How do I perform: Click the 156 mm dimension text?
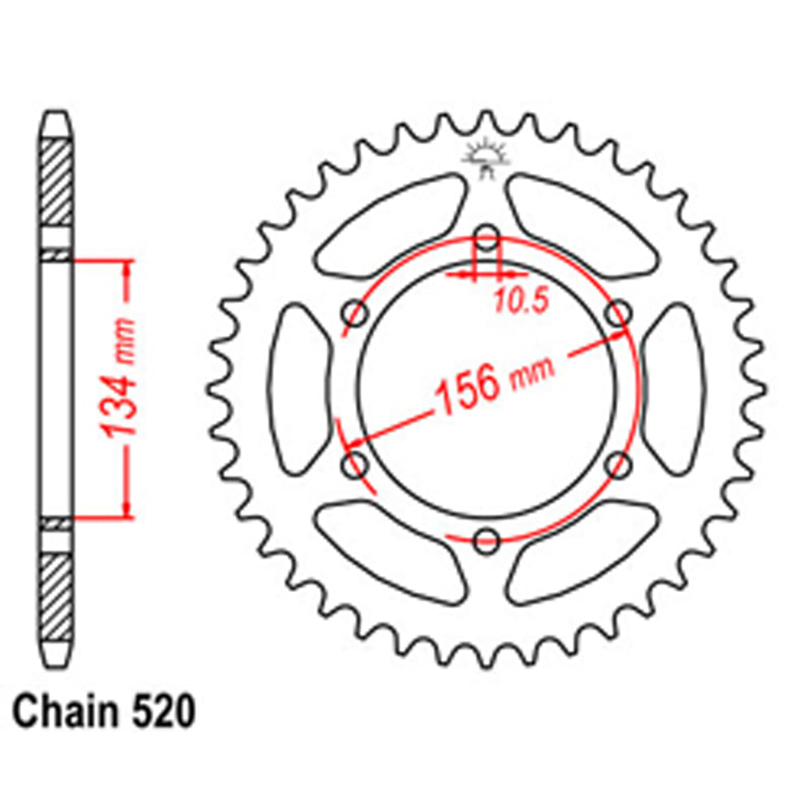495,380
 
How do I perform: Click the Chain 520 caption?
105,714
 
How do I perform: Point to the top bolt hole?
487,238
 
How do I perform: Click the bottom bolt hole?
487,541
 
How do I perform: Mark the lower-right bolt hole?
619,466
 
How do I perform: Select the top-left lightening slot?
389,223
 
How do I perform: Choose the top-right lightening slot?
584,223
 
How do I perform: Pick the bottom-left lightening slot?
389,556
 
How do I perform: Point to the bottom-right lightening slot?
584,556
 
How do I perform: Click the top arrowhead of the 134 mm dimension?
127,268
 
